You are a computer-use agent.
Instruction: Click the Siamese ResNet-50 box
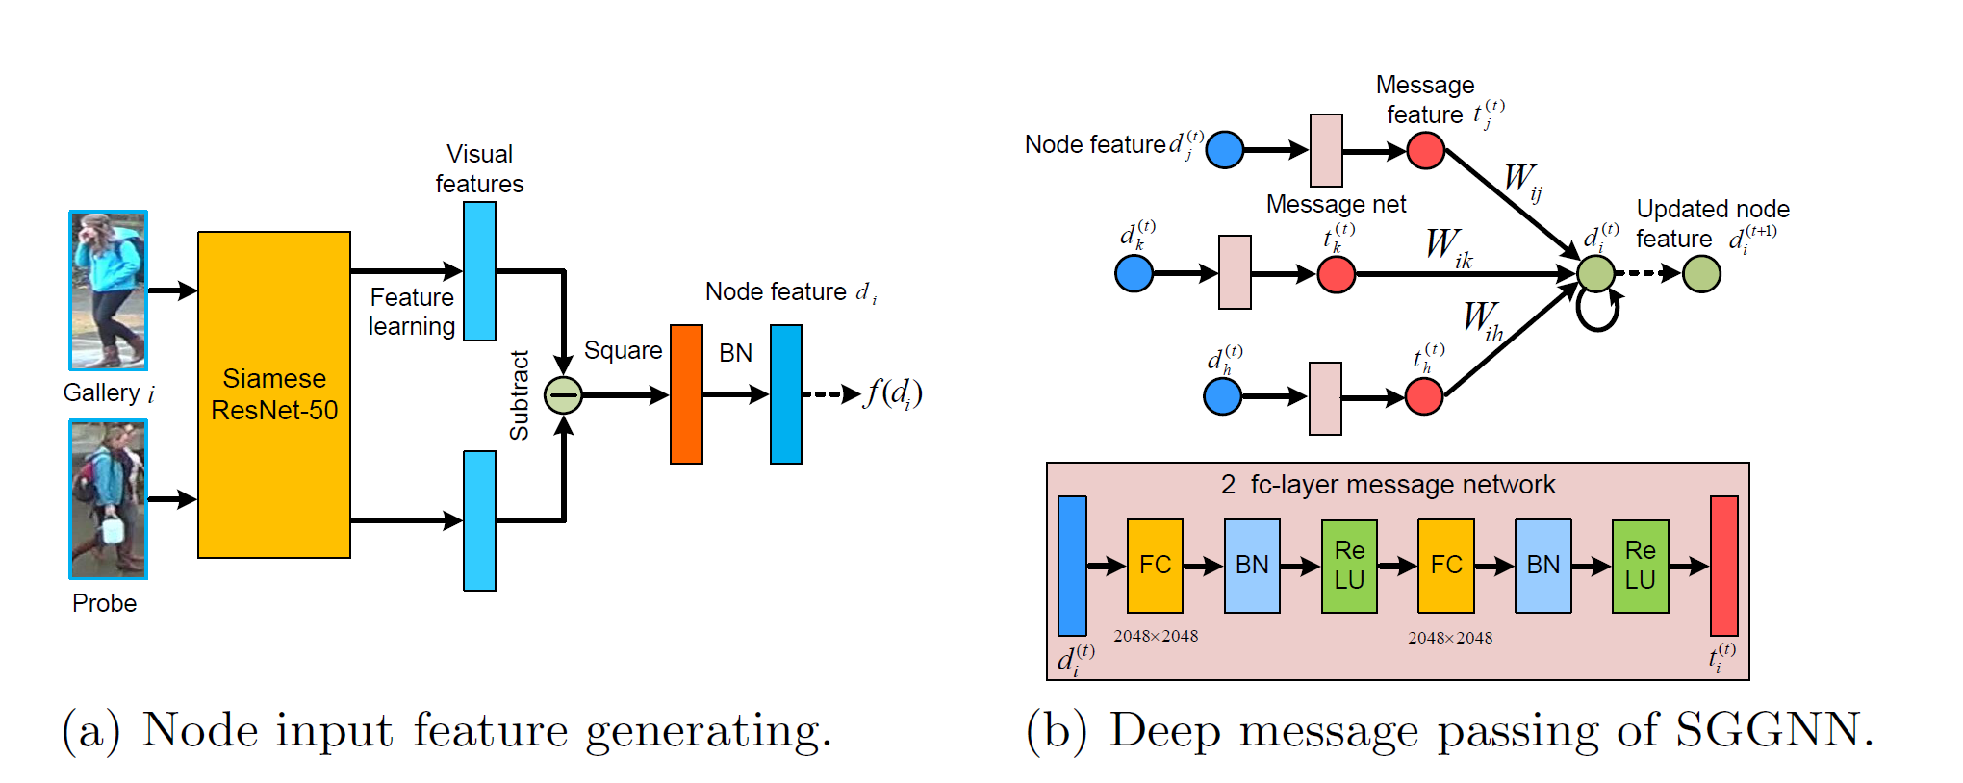click(x=274, y=394)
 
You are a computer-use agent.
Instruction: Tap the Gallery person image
click(x=108, y=290)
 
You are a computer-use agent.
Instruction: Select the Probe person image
click(x=108, y=499)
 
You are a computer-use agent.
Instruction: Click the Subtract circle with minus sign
click(x=563, y=394)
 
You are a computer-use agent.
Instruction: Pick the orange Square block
click(x=686, y=394)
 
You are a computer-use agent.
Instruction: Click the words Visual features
click(x=479, y=168)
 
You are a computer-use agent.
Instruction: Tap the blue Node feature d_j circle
click(x=1224, y=150)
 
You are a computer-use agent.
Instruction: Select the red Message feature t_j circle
click(x=1425, y=150)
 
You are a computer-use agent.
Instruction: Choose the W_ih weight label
click(x=1483, y=319)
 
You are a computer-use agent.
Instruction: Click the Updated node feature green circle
click(x=1701, y=274)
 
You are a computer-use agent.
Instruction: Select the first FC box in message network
click(x=1155, y=566)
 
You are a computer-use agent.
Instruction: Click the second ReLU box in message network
click(x=1640, y=566)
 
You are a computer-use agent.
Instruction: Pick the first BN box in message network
click(x=1252, y=566)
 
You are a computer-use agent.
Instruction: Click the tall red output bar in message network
click(x=1723, y=566)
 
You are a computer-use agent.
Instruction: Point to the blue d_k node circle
click(x=1134, y=274)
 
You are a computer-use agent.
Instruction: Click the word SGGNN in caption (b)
click(x=1774, y=730)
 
